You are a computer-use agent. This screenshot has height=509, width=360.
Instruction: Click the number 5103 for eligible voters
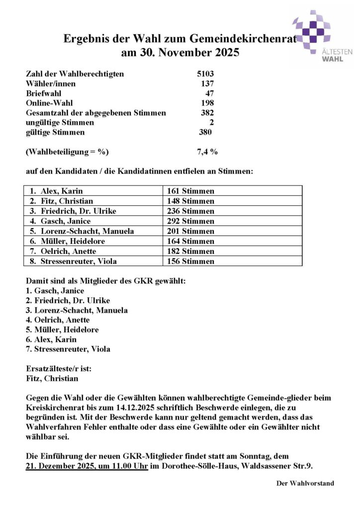tap(205, 74)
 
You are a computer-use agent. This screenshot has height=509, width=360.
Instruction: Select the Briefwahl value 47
tap(210, 93)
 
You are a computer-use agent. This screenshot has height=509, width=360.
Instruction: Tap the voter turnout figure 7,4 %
tap(207, 152)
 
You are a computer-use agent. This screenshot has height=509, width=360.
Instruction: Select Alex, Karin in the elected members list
tap(52, 339)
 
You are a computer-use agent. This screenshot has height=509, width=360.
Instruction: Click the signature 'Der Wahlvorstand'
tap(305, 483)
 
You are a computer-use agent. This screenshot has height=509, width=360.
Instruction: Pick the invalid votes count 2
tap(211, 122)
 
